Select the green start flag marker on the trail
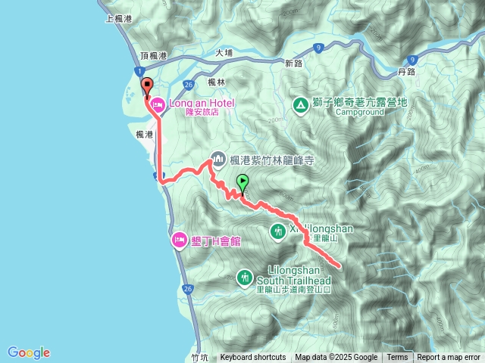(x=242, y=182)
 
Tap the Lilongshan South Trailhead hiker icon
(x=244, y=278)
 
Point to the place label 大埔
(x=224, y=53)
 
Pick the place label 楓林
(x=216, y=82)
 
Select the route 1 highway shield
(x=141, y=71)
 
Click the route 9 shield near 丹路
(x=411, y=58)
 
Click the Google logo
(x=28, y=352)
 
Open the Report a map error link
(x=449, y=358)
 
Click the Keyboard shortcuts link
(x=253, y=358)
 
